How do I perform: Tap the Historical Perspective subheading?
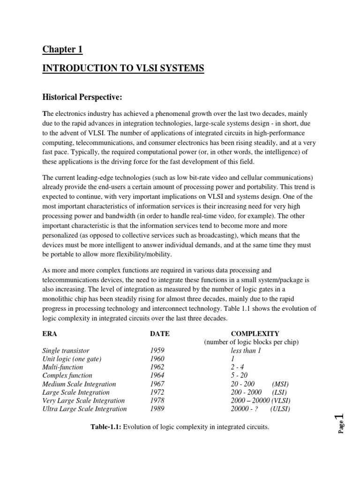point(82,97)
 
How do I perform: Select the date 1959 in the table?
point(157,351)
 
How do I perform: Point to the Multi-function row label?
point(62,367)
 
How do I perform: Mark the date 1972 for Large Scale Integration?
point(157,392)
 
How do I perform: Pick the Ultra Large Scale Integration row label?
point(84,409)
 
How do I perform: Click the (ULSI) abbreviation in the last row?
point(280,409)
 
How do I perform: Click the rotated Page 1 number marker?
point(340,424)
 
